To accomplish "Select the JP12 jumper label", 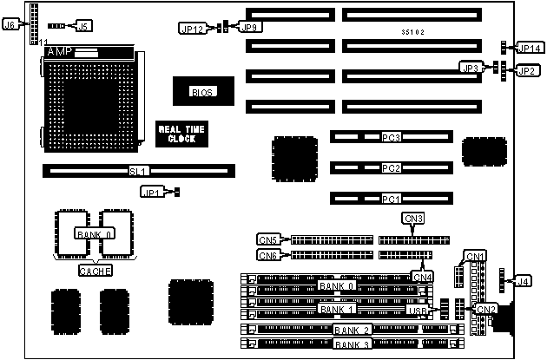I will [x=192, y=29].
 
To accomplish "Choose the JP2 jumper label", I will [x=527, y=70].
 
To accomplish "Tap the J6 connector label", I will [x=10, y=25].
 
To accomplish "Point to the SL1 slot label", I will [x=139, y=171].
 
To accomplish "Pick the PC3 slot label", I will [x=391, y=137].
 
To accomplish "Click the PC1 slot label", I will [x=391, y=198].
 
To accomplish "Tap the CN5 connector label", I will [x=268, y=239].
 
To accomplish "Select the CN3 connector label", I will [x=414, y=218].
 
